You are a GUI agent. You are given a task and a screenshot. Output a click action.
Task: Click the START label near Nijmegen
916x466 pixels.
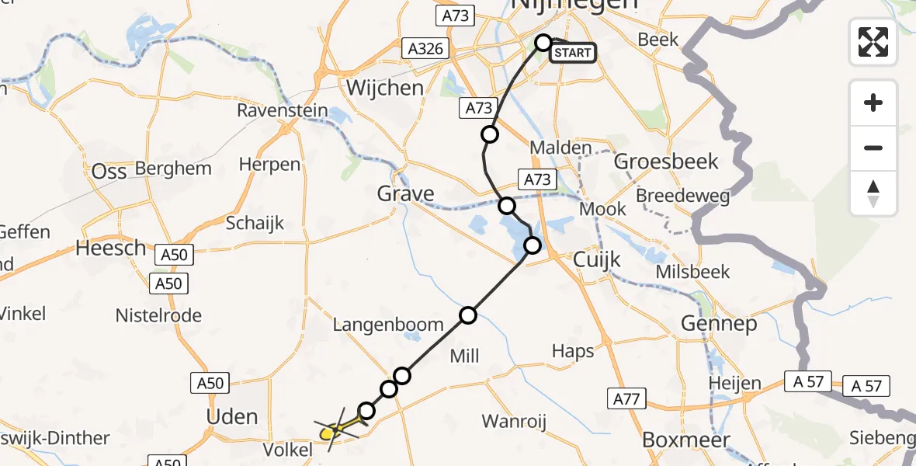(573, 53)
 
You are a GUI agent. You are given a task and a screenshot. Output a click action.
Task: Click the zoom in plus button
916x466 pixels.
(873, 103)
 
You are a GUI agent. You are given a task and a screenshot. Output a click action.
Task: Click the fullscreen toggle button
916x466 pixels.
(873, 42)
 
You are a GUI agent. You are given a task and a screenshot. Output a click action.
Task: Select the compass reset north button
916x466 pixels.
(873, 193)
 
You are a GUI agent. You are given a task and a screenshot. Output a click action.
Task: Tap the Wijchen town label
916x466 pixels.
(385, 87)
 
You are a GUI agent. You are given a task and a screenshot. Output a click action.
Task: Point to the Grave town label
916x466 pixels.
(405, 193)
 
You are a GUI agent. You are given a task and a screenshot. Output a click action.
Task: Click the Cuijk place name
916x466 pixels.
(597, 259)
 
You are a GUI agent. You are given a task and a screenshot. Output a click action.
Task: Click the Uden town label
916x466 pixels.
(231, 416)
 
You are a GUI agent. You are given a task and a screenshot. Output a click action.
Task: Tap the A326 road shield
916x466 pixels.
(426, 49)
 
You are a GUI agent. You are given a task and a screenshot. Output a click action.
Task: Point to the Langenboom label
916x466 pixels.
(388, 325)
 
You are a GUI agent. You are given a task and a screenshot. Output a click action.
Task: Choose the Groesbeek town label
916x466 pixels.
(666, 162)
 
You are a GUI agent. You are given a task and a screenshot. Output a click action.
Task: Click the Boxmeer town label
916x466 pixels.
(686, 440)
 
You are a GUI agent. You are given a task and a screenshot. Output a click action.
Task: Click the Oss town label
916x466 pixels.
(109, 172)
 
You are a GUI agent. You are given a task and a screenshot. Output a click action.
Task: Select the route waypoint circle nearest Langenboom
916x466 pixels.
(468, 315)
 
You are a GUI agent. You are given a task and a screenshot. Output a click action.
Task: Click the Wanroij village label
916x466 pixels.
(514, 422)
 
